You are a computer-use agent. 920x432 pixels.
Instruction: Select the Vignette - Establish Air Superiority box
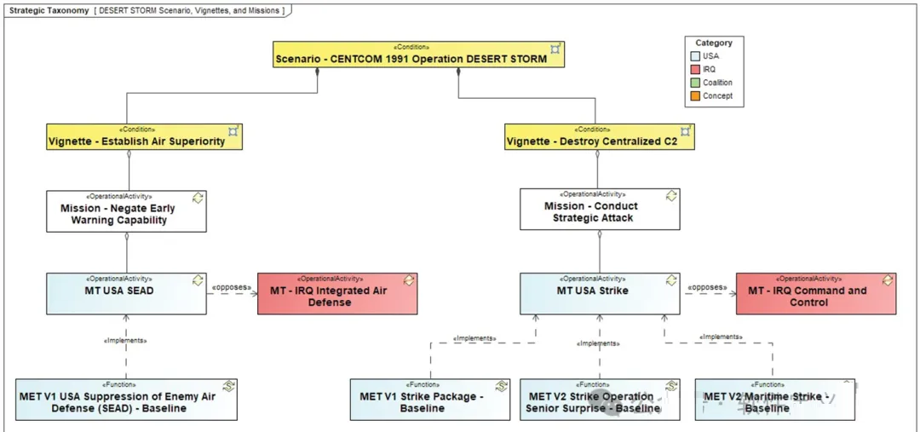pos(144,136)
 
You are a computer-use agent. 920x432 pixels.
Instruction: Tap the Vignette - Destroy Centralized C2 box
pos(599,136)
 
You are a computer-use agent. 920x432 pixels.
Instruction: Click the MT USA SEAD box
pos(126,293)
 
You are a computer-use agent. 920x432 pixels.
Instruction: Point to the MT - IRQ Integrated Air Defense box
pos(337,293)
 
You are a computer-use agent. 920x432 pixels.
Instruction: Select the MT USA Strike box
pos(600,293)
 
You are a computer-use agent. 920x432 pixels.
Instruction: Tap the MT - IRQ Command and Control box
pos(815,293)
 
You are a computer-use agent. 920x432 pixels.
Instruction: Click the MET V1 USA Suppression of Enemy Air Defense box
pos(126,400)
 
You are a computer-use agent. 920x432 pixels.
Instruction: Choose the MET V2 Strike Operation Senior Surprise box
pos(600,400)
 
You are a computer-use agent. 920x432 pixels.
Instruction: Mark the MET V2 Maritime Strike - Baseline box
pos(774,400)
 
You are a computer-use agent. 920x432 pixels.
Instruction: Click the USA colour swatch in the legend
pos(697,56)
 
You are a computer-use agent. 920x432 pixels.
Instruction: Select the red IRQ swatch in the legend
pos(697,69)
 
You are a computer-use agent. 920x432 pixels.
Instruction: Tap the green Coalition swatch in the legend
pos(697,83)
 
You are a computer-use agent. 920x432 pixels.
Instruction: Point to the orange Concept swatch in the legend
pos(697,96)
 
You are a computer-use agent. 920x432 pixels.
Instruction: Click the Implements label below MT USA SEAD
pos(124,341)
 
